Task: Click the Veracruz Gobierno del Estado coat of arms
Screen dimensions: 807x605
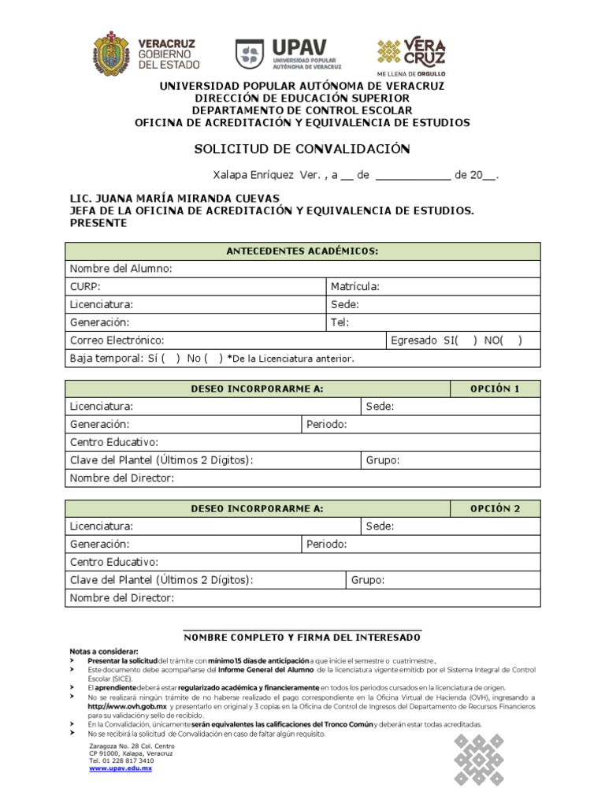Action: point(111,53)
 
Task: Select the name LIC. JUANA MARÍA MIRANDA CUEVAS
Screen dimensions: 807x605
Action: point(175,199)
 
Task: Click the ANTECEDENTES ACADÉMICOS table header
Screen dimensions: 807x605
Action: point(302,251)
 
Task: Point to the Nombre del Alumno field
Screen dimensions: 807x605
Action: point(121,270)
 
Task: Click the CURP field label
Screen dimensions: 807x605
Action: point(85,287)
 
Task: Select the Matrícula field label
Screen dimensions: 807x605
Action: point(355,287)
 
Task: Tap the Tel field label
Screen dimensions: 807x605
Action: point(340,322)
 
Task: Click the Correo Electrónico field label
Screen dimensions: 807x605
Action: point(117,340)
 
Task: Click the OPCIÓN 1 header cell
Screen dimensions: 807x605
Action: point(495,389)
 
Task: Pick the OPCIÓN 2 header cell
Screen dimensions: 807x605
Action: point(495,508)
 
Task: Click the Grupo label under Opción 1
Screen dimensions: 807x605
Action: point(383,460)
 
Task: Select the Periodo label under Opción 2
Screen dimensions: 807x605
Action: point(326,545)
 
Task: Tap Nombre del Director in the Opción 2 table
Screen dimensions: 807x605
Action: point(122,598)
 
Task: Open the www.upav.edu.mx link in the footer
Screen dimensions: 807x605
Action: point(121,768)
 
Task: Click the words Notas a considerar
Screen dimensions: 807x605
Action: point(104,652)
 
